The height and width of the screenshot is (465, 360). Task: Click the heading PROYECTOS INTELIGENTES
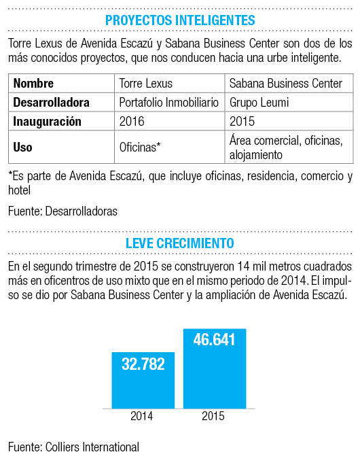[x=180, y=20]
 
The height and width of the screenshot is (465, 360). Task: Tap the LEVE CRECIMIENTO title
[x=180, y=243]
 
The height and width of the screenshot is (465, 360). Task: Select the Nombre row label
[x=33, y=84]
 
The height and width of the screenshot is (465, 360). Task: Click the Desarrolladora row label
[x=51, y=102]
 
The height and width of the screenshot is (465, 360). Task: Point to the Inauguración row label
[x=47, y=122]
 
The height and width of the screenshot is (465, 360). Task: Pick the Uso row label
[x=22, y=147]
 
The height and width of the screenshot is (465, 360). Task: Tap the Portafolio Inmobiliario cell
[x=169, y=102]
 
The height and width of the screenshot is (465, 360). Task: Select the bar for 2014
[x=143, y=381]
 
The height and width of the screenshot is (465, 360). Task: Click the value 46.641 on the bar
[x=214, y=339]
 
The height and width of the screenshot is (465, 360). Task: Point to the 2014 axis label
[x=142, y=416]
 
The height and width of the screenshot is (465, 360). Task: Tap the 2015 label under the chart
[x=213, y=416]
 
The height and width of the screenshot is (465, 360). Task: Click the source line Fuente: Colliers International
[x=74, y=447]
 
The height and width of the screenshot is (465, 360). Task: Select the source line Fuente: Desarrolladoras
[x=62, y=211]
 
